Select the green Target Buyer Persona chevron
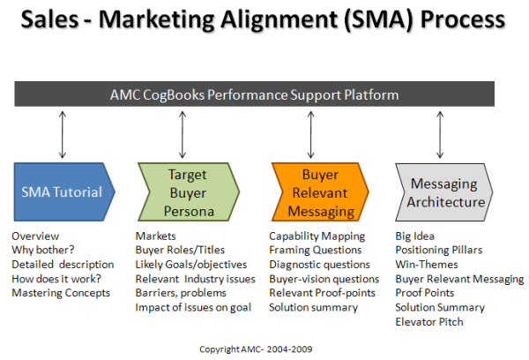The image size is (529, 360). coord(189,191)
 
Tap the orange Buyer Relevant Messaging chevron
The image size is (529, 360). coord(320,191)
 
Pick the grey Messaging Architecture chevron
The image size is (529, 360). coord(444,192)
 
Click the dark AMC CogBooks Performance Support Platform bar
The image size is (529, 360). coord(255,94)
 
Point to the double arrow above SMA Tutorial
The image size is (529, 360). coord(62,135)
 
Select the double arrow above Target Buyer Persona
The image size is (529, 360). coord(183,135)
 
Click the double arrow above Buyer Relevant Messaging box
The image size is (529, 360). coord(310,135)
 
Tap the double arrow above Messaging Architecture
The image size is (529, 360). coord(440,135)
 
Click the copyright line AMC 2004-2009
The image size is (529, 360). coord(256,349)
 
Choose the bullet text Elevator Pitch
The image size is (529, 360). coord(429,322)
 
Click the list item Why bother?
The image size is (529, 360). coord(43,250)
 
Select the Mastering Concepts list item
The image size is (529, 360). coord(61,293)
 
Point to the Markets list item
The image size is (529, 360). coord(155,236)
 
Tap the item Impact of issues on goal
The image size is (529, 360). coord(193,307)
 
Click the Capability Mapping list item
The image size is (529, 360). coord(317,236)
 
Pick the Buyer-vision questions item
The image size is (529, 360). coord(324,279)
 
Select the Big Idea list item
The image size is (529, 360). coord(414,236)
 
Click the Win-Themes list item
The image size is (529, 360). coord(427,264)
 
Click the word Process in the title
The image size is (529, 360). coord(463,19)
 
